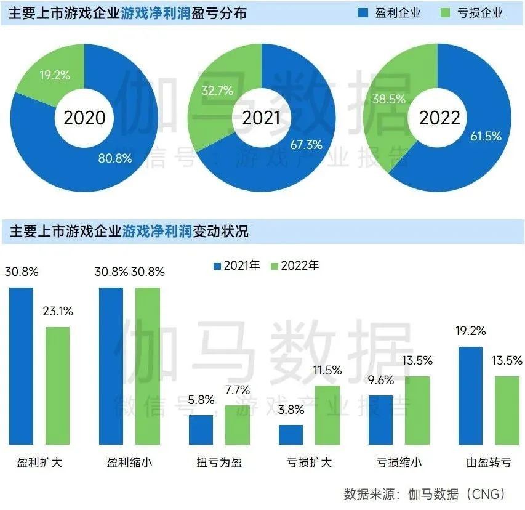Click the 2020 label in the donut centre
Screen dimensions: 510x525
point(84,118)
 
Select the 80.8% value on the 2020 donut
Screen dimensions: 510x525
point(115,158)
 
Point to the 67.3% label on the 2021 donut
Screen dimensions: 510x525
point(305,145)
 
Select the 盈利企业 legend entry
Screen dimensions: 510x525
point(391,13)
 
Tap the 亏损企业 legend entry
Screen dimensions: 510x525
point(473,13)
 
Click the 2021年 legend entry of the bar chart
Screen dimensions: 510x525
point(237,266)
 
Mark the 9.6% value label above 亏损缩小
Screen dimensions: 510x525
point(380,381)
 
